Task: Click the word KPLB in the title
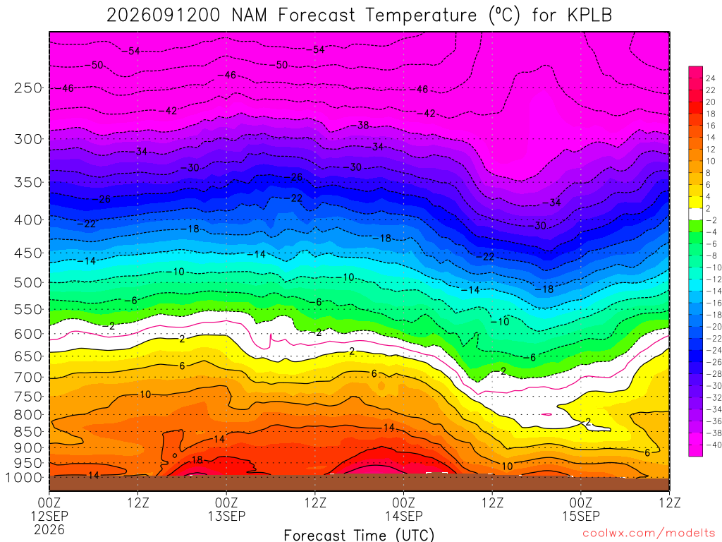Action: [589, 16]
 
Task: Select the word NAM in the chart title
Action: [249, 16]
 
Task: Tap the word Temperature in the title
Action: [422, 16]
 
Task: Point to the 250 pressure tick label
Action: [28, 88]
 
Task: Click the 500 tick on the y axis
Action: [28, 282]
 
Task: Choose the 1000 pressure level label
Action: [24, 478]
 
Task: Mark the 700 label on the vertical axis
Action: [28, 378]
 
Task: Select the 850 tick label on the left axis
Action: [28, 432]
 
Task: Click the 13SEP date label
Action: [226, 516]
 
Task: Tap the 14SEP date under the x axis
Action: [404, 516]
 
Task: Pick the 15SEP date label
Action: [581, 516]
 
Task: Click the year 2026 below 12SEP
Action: [49, 529]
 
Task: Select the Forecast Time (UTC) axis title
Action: [359, 535]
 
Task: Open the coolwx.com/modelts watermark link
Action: [649, 534]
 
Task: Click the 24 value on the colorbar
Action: [711, 78]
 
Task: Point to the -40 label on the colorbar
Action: [714, 445]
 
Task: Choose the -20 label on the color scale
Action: [714, 326]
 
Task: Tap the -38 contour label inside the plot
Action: [363, 125]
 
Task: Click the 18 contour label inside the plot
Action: [197, 459]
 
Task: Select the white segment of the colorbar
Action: [695, 214]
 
